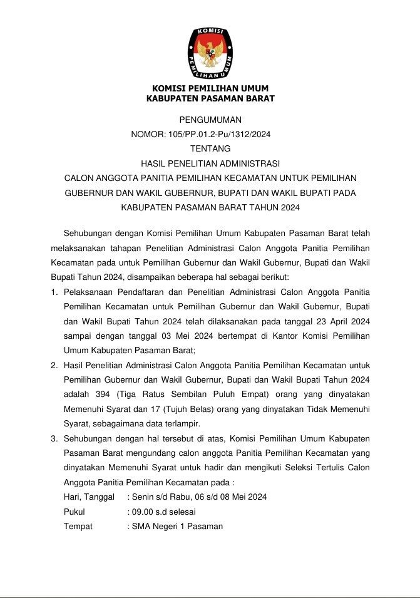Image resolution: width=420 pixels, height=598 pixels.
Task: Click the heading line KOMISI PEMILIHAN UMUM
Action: (x=210, y=88)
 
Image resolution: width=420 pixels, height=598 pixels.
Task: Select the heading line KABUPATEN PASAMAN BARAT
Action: (x=210, y=98)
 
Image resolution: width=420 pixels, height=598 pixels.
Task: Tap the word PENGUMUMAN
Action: (x=210, y=120)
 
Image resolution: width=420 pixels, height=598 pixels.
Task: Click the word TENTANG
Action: (x=210, y=148)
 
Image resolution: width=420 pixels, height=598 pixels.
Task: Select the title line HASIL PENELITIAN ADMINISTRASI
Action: (x=210, y=163)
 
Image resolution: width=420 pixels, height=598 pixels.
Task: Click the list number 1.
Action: (x=54, y=292)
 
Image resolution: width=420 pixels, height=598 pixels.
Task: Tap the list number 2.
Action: (x=54, y=364)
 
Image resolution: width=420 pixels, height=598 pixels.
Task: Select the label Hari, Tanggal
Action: (x=89, y=497)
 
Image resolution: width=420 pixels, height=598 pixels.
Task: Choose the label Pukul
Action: (x=74, y=512)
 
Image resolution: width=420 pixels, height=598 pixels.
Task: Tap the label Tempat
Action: (x=78, y=526)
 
